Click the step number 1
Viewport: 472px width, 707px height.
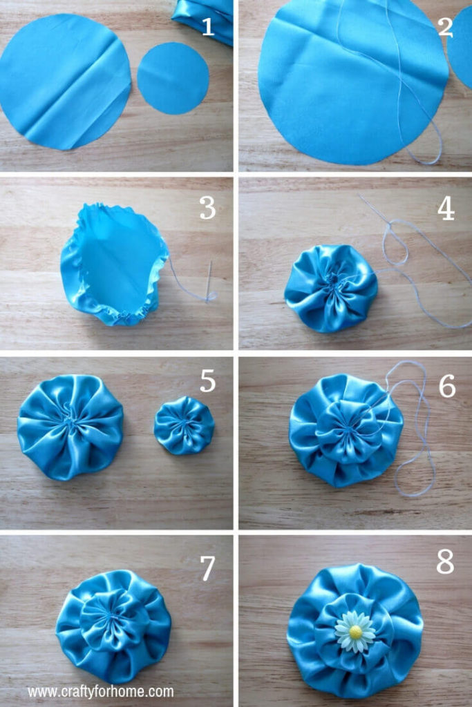[x=207, y=27]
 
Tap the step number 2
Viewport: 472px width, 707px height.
[x=445, y=27]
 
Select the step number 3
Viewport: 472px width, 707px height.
[x=207, y=208]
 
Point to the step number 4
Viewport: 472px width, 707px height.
[x=446, y=209]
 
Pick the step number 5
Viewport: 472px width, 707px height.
[x=207, y=381]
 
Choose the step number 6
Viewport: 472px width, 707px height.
[x=446, y=386]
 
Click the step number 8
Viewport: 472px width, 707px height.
[x=445, y=562]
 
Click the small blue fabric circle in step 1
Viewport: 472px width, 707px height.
[x=173, y=78]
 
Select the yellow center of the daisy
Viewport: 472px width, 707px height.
[x=356, y=632]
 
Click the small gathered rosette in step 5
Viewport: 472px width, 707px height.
[x=184, y=425]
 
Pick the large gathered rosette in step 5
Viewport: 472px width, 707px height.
[x=70, y=427]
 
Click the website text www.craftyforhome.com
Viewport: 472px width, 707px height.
[x=100, y=692]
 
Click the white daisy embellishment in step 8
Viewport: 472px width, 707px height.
[x=355, y=632]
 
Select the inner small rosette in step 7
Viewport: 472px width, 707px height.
[x=112, y=619]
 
